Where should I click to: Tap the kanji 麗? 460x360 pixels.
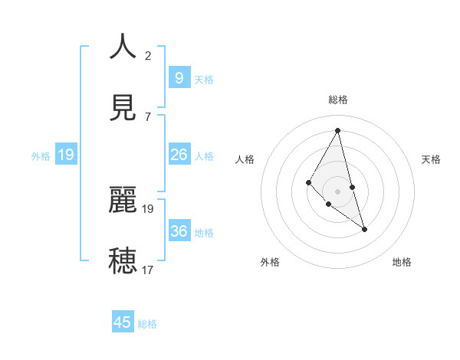(x=123, y=200)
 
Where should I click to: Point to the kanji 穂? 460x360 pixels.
(x=123, y=260)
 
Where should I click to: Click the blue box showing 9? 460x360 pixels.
(x=179, y=78)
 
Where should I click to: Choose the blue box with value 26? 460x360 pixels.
(x=179, y=155)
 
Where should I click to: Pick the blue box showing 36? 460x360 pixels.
(x=179, y=231)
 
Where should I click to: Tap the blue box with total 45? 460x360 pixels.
(x=123, y=322)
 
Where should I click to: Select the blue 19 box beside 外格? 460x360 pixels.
(x=66, y=155)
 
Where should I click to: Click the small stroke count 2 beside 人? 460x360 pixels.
(x=148, y=56)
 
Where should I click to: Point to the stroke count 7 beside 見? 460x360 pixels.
(x=148, y=116)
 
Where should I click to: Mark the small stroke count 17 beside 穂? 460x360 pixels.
(x=148, y=270)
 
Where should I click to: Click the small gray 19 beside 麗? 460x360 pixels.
(x=148, y=208)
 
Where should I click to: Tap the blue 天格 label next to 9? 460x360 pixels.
(x=204, y=79)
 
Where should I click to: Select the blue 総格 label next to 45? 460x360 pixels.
(x=147, y=324)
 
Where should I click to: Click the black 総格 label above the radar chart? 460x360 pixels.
(x=338, y=100)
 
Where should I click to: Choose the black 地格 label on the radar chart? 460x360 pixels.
(x=402, y=262)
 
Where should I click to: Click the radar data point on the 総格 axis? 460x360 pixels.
(x=338, y=130)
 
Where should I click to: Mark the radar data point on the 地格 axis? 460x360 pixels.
(x=364, y=229)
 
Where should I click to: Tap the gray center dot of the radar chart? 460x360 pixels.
(x=338, y=191)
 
